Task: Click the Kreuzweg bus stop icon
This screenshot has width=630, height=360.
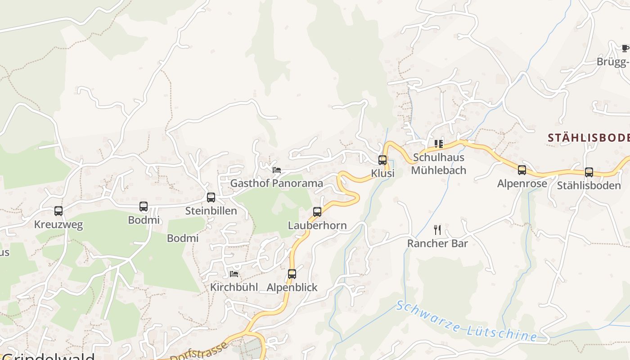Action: [58, 211]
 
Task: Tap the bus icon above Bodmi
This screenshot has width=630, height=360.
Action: [144, 207]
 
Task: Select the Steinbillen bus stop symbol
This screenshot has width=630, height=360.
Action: [211, 197]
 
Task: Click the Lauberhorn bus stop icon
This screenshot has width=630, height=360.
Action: [317, 212]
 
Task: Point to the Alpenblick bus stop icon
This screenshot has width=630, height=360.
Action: [292, 274]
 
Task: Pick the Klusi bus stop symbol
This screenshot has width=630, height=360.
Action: [382, 160]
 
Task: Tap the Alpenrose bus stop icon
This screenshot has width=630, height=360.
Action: [522, 170]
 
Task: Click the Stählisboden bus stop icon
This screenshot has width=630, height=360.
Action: [589, 172]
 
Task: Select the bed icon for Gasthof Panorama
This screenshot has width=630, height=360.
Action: [277, 170]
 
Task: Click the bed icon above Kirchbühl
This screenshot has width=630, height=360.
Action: [234, 274]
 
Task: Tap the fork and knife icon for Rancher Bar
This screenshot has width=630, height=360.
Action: [437, 230]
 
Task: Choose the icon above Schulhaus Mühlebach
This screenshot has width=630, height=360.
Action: [439, 144]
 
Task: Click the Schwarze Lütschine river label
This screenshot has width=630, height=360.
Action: [466, 321]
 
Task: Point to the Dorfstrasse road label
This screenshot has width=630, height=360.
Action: [205, 352]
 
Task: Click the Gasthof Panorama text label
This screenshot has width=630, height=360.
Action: [277, 183]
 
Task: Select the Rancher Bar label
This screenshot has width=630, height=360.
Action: [437, 243]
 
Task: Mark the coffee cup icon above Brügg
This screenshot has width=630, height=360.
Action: [625, 48]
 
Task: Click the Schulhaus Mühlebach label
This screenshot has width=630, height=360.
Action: [439, 164]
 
